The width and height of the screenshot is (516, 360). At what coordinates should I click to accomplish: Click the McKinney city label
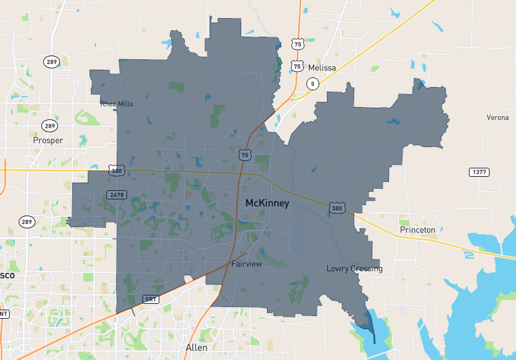[x=267, y=203]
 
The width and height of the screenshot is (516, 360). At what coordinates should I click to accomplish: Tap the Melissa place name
[x=322, y=68]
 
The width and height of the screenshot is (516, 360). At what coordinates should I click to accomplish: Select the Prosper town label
[x=48, y=140]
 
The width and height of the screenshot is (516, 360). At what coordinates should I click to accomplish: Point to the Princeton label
[x=417, y=230]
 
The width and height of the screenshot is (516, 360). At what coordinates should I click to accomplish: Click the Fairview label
[x=246, y=264]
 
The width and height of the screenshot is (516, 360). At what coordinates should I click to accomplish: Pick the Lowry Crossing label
[x=354, y=268]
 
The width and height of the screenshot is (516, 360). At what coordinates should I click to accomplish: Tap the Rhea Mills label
[x=117, y=103]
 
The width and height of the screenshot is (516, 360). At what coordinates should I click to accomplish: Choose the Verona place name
[x=497, y=117]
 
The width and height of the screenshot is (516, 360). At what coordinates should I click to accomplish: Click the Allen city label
[x=197, y=347]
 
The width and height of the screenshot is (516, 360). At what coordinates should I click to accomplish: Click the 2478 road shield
[x=117, y=194]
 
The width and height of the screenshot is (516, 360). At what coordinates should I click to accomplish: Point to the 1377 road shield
[x=478, y=172]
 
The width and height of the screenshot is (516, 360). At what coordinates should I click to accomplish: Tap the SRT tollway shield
[x=150, y=299]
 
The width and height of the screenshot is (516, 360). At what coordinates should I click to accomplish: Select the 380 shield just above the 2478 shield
[x=117, y=171]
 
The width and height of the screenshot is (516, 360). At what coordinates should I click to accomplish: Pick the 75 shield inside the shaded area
[x=244, y=155]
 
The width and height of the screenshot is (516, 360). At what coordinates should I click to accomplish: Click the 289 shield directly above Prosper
[x=50, y=126]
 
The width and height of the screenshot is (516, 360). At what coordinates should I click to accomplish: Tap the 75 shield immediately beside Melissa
[x=297, y=66]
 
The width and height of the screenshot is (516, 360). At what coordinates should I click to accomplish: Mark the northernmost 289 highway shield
[x=51, y=62]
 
